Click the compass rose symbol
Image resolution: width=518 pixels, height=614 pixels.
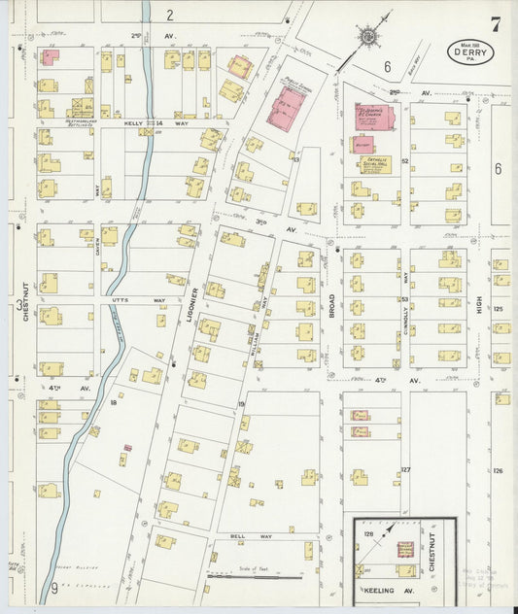[369, 37]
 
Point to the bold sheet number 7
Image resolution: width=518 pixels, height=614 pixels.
[496, 24]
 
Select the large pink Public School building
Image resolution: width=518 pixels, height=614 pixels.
[288, 106]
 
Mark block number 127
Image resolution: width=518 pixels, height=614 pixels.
[405, 470]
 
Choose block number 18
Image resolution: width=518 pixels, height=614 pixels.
[114, 400]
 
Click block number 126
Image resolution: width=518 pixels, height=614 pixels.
[499, 470]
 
